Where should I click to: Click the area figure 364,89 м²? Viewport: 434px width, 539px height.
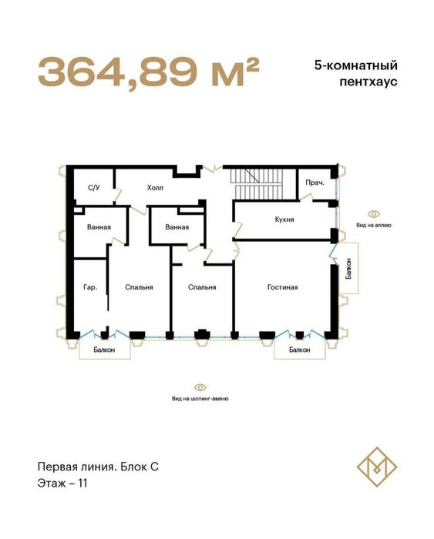pyautogui.click(x=147, y=72)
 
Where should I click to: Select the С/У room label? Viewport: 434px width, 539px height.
pyautogui.click(x=94, y=187)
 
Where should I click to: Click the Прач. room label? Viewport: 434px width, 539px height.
pyautogui.click(x=314, y=184)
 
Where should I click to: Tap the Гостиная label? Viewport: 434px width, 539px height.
pyautogui.click(x=282, y=287)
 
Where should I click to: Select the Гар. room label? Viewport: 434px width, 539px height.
pyautogui.click(x=89, y=287)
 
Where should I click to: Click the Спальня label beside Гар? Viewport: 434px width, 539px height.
pyautogui.click(x=139, y=287)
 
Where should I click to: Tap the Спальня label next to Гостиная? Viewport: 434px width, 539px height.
pyautogui.click(x=201, y=287)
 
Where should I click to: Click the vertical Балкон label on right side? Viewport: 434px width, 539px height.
pyautogui.click(x=349, y=274)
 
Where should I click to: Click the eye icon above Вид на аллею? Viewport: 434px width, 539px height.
pyautogui.click(x=374, y=213)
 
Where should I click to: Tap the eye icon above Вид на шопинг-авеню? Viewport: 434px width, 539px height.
pyautogui.click(x=200, y=387)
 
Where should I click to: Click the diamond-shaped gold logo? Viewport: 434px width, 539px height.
pyautogui.click(x=375, y=470)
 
